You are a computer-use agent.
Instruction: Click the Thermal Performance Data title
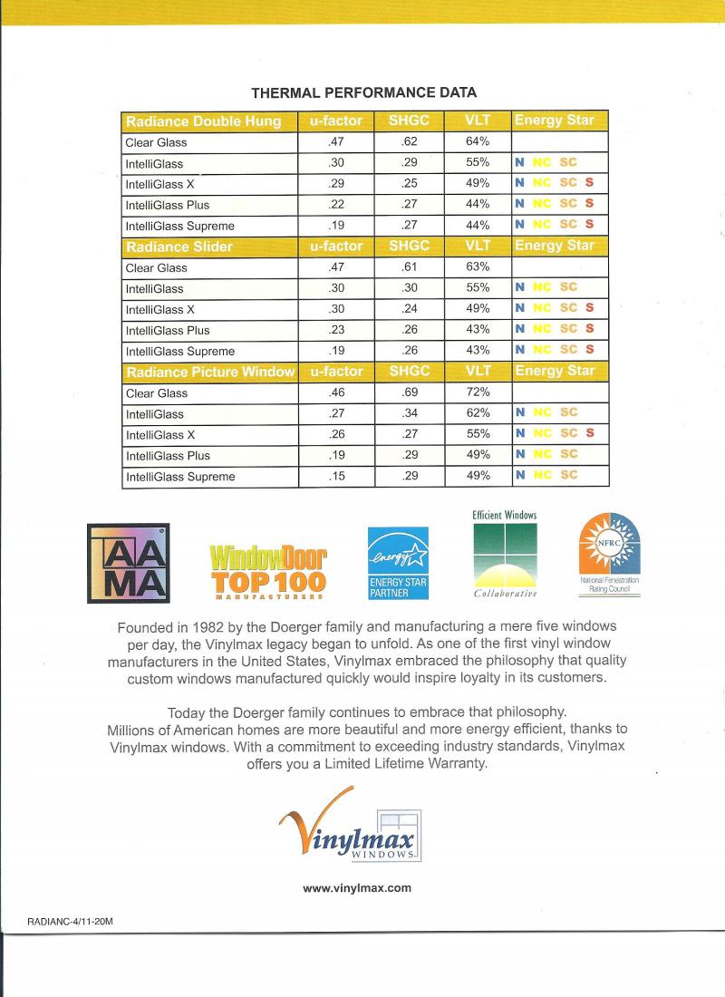[x=363, y=92]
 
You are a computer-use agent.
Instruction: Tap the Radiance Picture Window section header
[x=209, y=372]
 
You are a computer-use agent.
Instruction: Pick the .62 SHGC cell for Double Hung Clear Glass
[x=408, y=142]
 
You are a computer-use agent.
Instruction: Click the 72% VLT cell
[x=478, y=392]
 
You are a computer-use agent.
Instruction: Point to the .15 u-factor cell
[x=336, y=476]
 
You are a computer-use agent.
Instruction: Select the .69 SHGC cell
[x=408, y=392]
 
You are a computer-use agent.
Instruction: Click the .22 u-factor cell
[x=336, y=205]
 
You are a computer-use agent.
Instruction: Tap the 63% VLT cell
[x=478, y=267]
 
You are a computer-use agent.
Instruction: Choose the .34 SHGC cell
[x=408, y=413]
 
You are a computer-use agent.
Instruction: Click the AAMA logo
[x=127, y=563]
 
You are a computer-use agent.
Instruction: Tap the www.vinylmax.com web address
[x=357, y=888]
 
